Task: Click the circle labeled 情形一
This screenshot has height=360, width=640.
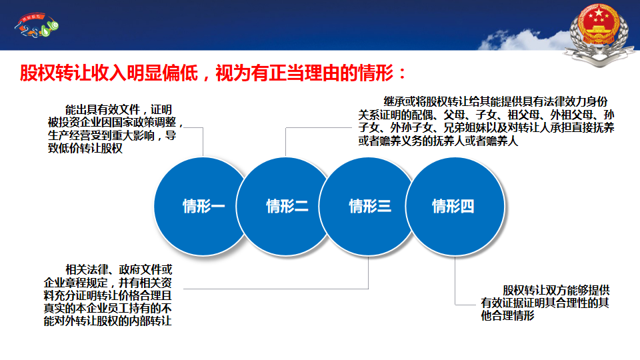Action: tap(203, 207)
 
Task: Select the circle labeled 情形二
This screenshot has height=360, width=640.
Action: tap(286, 207)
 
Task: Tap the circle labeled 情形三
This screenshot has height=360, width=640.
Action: tap(369, 207)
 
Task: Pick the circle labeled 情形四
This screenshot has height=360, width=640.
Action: tap(455, 207)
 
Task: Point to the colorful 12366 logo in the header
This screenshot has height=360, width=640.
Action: tap(37, 25)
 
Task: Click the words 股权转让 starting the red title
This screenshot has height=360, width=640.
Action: tap(55, 73)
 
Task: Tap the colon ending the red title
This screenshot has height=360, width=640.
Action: tap(403, 74)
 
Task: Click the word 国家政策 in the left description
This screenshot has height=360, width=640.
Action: tap(133, 123)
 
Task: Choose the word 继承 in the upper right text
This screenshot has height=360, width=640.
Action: tap(394, 101)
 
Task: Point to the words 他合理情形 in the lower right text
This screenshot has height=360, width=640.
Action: tap(508, 315)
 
